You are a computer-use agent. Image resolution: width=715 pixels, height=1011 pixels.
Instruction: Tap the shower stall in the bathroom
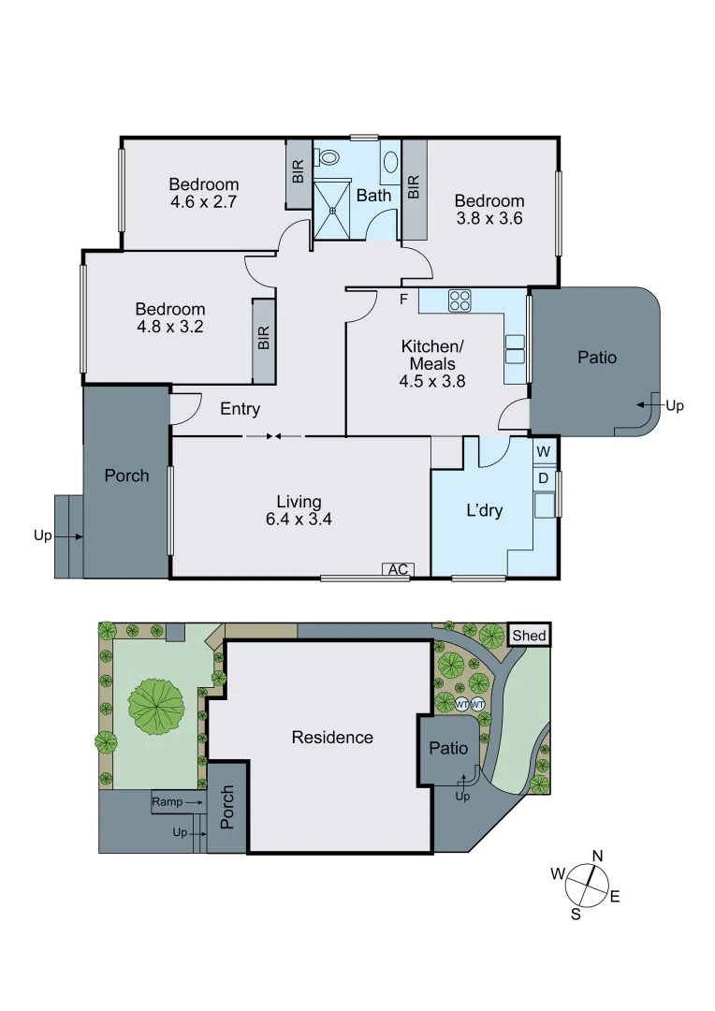pyautogui.click(x=330, y=208)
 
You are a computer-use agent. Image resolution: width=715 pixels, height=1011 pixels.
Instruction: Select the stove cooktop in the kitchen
pyautogui.click(x=460, y=301)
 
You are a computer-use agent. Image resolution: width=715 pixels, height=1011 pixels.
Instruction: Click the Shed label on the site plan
pyautogui.click(x=529, y=636)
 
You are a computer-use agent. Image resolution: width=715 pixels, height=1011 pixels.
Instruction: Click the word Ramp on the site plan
pyautogui.click(x=168, y=802)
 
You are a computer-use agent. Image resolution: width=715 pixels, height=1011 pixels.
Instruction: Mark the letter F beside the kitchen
pyautogui.click(x=404, y=300)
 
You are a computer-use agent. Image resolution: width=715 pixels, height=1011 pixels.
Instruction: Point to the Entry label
pyautogui.click(x=240, y=409)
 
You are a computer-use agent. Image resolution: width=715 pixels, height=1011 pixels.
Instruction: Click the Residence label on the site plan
pyautogui.click(x=332, y=738)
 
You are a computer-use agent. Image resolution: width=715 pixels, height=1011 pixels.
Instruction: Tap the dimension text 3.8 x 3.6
pyautogui.click(x=489, y=219)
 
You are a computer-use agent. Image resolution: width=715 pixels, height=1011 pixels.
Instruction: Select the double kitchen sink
pyautogui.click(x=516, y=348)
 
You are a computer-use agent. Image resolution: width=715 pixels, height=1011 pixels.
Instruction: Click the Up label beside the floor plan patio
pyautogui.click(x=677, y=405)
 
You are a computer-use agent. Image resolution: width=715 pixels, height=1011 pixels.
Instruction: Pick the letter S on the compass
pyautogui.click(x=576, y=914)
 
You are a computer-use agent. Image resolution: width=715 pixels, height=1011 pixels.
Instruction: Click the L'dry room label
pyautogui.click(x=486, y=512)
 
